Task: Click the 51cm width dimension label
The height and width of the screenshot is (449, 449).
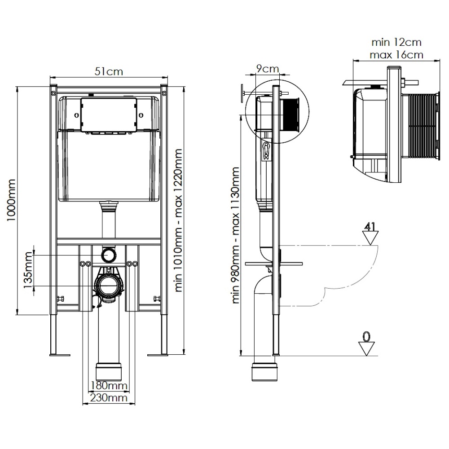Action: pos(109,71)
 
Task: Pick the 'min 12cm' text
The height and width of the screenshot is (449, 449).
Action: pos(396,43)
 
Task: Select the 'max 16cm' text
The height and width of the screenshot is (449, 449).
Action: pos(396,55)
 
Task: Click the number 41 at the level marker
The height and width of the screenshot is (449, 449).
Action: pos(370,226)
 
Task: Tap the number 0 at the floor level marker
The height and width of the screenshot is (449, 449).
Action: pos(367,336)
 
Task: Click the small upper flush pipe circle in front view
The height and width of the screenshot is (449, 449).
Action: pos(109,255)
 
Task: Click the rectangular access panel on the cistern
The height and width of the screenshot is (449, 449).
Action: pos(109,115)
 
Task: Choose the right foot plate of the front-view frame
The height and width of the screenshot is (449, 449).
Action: pos(158,355)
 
